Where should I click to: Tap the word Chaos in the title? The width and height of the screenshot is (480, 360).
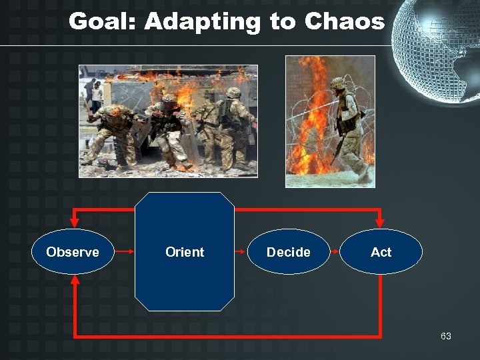point(345,22)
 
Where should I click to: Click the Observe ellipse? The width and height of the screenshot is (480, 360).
point(73,252)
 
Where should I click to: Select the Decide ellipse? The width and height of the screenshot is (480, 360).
point(288,252)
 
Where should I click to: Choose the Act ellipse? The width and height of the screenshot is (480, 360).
point(381,252)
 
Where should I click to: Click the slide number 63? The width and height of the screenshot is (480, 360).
point(445,336)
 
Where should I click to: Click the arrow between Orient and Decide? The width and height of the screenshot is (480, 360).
point(241,252)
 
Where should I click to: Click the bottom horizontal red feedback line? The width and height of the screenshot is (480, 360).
point(227,335)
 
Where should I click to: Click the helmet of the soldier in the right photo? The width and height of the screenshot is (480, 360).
point(339,83)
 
